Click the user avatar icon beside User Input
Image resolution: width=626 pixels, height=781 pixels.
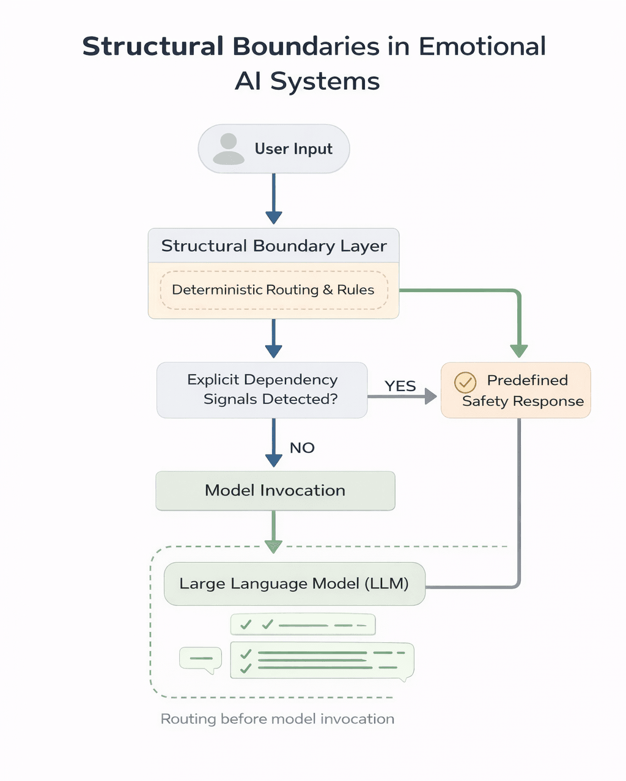pos(229,149)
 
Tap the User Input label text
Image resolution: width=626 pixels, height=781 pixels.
pos(293,149)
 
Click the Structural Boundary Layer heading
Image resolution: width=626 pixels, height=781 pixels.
pos(274,246)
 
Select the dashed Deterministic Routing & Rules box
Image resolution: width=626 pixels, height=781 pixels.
pos(273,290)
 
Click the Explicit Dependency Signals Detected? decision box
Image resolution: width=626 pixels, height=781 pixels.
pos(262,390)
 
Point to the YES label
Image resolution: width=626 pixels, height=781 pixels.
pos(400,386)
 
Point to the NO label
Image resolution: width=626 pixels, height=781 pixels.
pos(302,448)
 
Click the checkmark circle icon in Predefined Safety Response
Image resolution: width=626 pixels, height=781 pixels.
pos(465,383)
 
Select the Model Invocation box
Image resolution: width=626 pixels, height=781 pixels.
pos(275,491)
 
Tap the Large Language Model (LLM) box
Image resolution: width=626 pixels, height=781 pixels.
pos(294,584)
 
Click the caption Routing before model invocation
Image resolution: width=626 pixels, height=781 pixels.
pos(277,719)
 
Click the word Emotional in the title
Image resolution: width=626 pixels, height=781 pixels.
pos(482,46)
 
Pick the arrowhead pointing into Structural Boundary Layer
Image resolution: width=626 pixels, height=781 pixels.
pos(274,218)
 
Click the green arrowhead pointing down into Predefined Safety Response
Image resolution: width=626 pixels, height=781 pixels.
pos(519,351)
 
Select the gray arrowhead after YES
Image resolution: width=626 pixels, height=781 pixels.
pos(430,397)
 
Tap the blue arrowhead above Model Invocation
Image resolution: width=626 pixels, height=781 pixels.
pos(274,460)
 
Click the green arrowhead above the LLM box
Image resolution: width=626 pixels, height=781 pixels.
pos(273,546)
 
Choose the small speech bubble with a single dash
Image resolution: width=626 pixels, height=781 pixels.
pos(201,659)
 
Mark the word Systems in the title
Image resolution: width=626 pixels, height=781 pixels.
pos(325,81)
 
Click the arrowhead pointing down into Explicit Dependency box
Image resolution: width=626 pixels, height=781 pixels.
pos(274,351)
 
